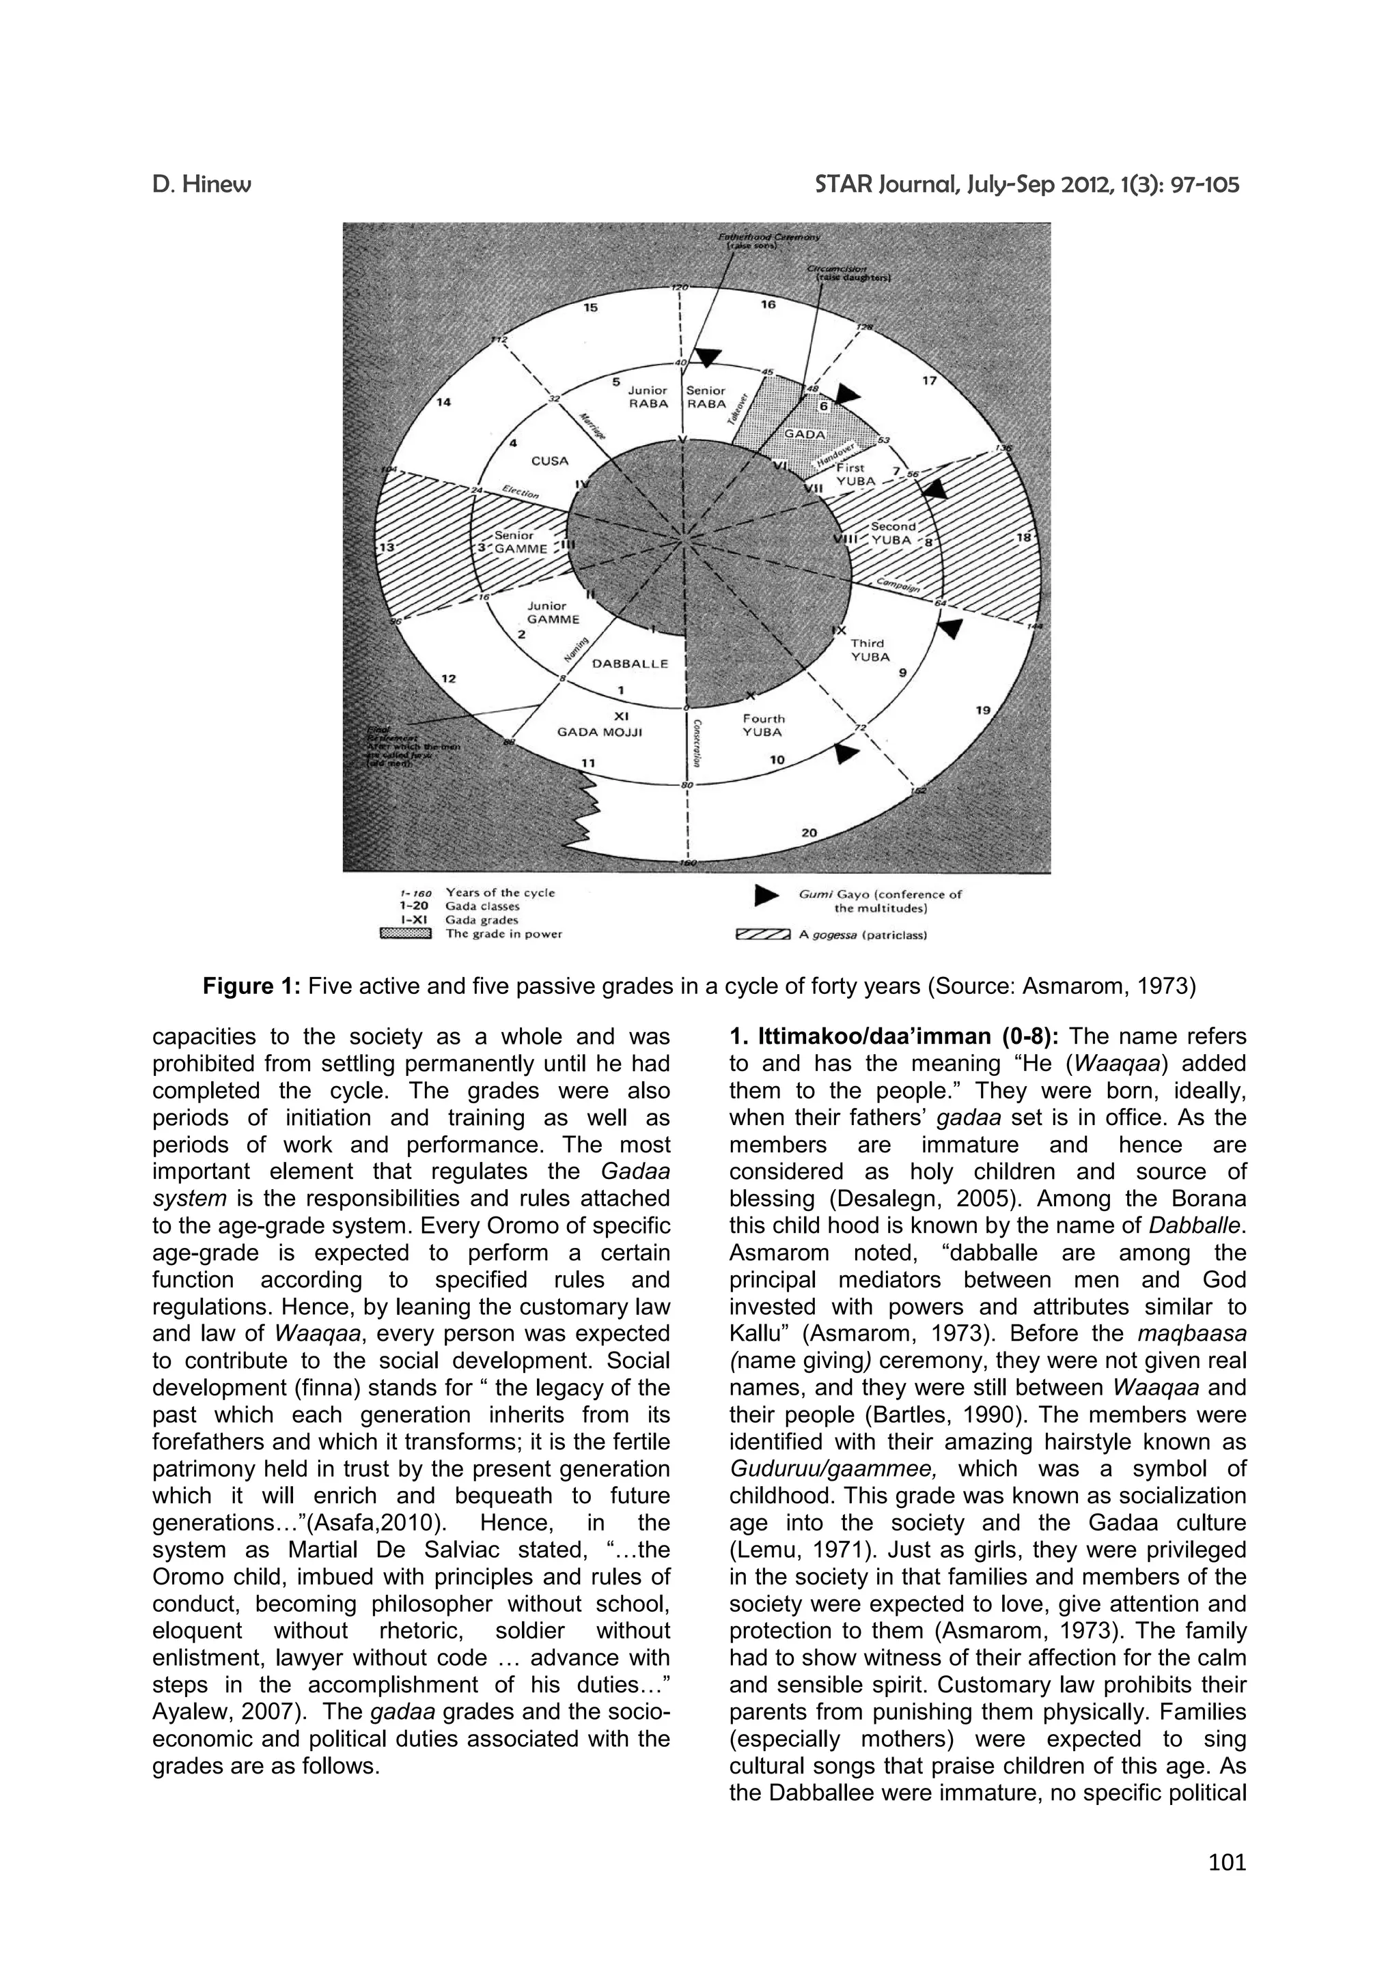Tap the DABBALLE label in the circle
point(631,664)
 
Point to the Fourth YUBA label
point(763,725)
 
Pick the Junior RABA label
point(648,397)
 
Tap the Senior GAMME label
point(519,541)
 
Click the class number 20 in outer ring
point(809,833)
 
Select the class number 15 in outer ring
point(590,307)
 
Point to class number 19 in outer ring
point(983,711)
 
